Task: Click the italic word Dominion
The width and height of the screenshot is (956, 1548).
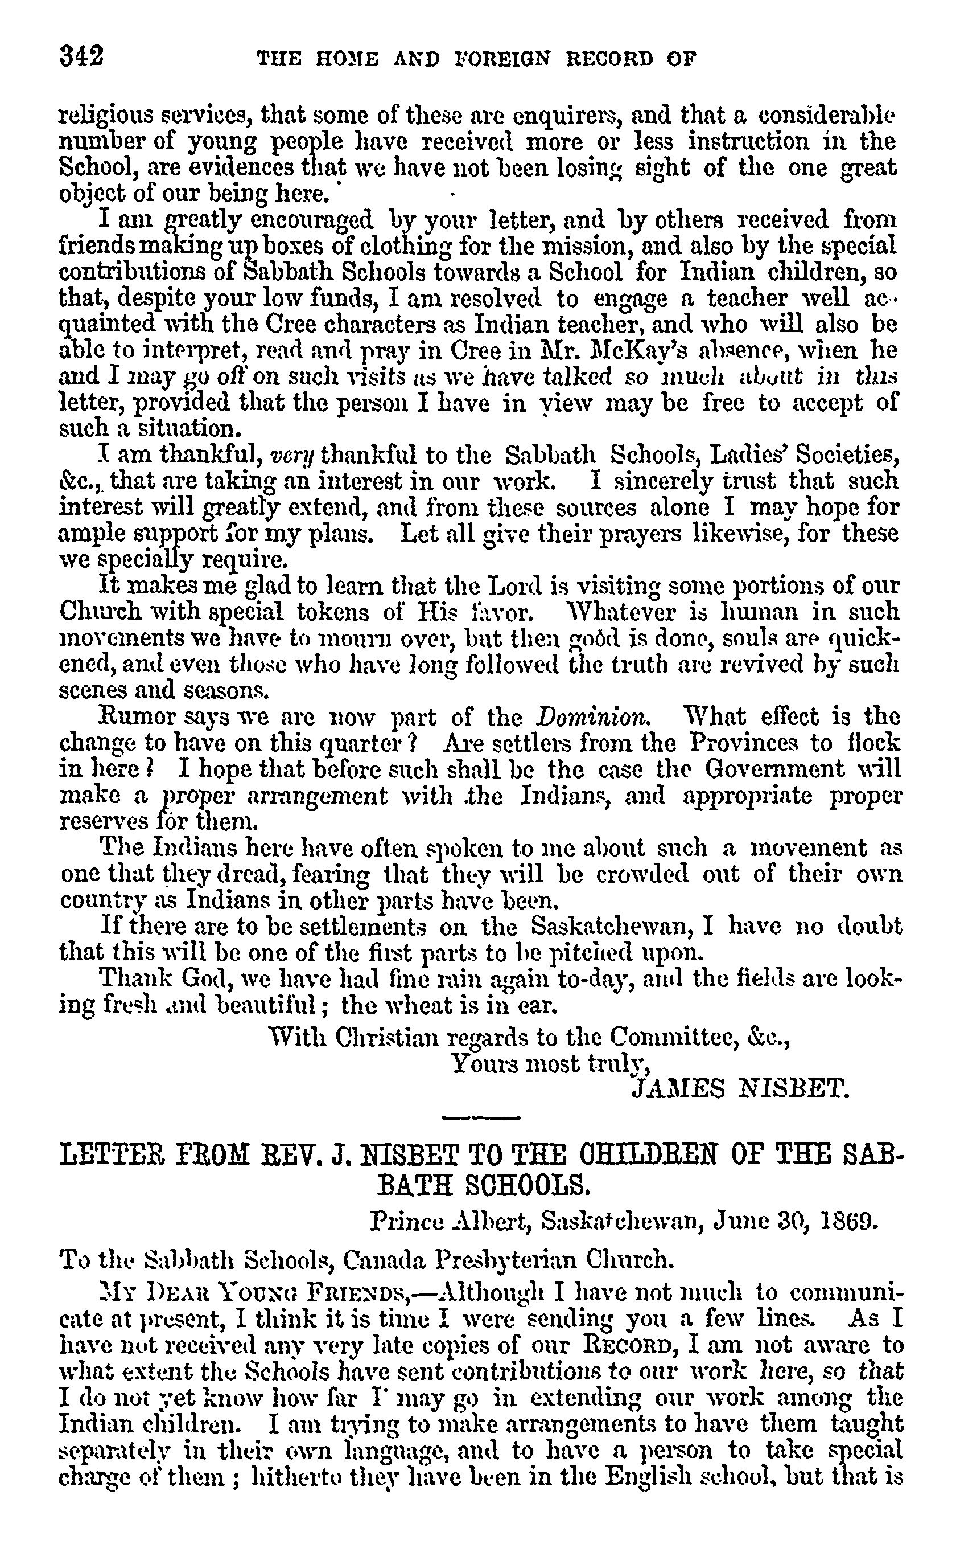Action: tap(592, 716)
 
